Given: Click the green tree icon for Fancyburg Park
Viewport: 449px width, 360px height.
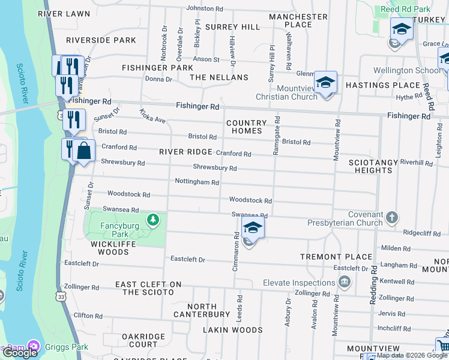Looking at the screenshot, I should tap(154, 220).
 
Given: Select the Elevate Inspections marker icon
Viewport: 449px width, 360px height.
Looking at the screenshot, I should tap(345, 282).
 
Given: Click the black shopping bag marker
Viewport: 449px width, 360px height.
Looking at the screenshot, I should tap(85, 152).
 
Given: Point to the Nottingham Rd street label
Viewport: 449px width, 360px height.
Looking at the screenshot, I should tap(196, 181).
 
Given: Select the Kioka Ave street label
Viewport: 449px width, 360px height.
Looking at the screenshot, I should tap(152, 116).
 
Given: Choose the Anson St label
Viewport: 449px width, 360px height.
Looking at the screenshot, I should tap(206, 59).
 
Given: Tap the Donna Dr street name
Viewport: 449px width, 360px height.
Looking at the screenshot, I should tap(158, 79).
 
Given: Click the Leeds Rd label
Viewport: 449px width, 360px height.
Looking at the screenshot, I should tap(240, 305).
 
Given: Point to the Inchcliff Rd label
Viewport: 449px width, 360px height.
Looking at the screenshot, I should tap(394, 329).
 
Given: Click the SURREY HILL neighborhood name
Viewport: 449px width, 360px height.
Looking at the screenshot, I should tap(232, 27).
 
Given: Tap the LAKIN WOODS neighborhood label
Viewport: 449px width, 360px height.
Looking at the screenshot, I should tap(224, 330).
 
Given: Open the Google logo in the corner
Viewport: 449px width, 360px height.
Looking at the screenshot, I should tap(20, 353).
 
